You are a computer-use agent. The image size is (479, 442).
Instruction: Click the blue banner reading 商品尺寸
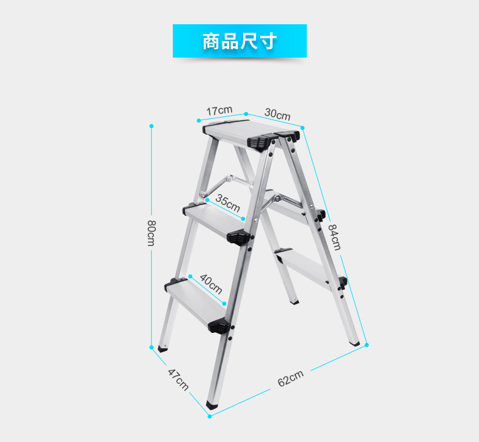(239, 41)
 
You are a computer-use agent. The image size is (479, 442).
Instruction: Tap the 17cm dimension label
(218, 110)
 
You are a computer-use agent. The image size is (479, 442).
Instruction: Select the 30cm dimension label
(277, 113)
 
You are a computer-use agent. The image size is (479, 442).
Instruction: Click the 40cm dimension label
(210, 282)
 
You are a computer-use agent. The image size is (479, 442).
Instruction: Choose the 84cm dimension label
(335, 236)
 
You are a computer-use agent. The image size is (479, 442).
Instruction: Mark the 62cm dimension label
(290, 379)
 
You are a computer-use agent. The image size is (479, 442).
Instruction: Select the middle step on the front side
(216, 221)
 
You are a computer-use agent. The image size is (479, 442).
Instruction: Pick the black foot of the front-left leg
(163, 349)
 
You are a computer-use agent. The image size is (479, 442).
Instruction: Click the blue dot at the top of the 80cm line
(152, 126)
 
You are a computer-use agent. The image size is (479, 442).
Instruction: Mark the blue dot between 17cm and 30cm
(246, 113)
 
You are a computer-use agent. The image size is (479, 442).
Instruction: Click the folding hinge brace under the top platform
(231, 181)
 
